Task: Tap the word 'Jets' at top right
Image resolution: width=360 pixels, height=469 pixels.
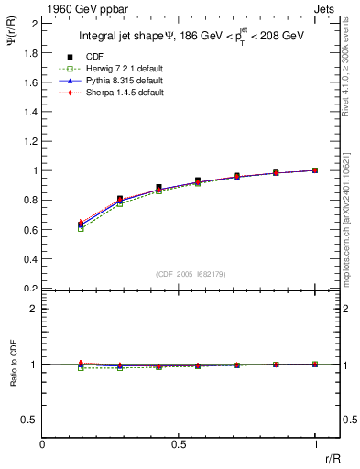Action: click(325, 8)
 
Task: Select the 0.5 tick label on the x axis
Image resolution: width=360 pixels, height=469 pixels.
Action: click(178, 443)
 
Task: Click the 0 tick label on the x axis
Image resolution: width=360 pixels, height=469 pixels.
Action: click(42, 443)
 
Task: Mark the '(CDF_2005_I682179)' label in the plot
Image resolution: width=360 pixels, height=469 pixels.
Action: click(180, 273)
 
